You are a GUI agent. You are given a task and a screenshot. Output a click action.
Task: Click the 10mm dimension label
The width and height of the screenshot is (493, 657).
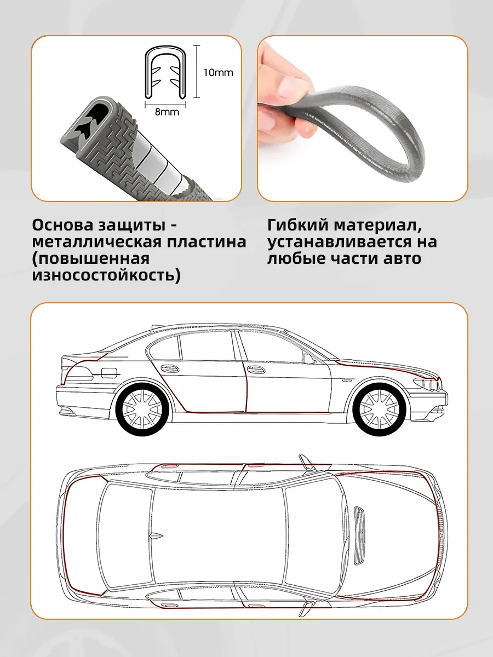(218, 73)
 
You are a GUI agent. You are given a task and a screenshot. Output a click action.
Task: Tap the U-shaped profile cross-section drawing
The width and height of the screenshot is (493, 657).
(166, 72)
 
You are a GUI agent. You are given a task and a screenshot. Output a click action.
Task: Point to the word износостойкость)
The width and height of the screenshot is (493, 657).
(106, 276)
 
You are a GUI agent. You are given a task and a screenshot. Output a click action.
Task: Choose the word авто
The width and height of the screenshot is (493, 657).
(402, 258)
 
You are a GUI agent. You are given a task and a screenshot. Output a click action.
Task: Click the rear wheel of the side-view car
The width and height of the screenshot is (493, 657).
(142, 408)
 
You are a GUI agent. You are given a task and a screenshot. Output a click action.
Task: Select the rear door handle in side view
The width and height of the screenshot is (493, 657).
(169, 368)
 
